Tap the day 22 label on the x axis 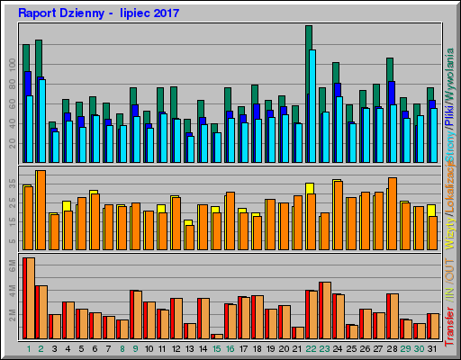coord(311,348)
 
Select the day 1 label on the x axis coord(28,348)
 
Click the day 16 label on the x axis coord(230,348)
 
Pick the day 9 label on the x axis coord(135,348)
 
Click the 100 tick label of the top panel coord(13,64)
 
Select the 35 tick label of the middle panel coord(13,183)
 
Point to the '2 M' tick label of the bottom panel coord(13,314)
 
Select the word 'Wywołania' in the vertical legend coord(449,76)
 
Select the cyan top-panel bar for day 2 coord(41,108)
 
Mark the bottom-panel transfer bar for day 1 coord(28,298)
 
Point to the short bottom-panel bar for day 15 coord(217,336)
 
